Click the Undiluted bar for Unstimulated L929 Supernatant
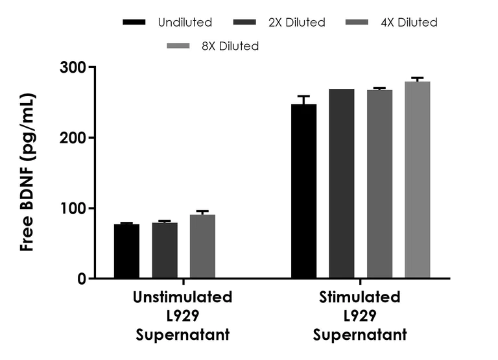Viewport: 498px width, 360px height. click(126, 251)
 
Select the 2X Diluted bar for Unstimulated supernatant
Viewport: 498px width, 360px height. click(165, 250)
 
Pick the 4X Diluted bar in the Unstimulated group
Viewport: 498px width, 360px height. click(202, 246)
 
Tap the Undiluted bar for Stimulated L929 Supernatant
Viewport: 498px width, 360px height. click(304, 191)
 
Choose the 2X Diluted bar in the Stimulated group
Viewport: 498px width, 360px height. click(342, 184)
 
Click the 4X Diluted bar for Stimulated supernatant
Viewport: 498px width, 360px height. click(380, 184)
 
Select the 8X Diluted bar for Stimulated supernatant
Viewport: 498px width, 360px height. click(418, 180)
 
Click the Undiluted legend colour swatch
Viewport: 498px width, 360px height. click(134, 22)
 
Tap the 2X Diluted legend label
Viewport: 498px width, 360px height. click(297, 23)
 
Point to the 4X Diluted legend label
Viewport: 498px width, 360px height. click(409, 23)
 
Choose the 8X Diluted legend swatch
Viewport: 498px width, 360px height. click(178, 46)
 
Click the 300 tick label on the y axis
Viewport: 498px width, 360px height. click(73, 67)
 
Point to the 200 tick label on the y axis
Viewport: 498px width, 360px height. click(73, 138)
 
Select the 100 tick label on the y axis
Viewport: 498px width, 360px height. click(73, 208)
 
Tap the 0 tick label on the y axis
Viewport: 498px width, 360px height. click(82, 279)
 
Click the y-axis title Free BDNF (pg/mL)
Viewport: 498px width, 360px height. click(27, 173)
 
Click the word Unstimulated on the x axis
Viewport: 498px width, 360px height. click(183, 297)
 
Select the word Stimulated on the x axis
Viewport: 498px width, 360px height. click(360, 297)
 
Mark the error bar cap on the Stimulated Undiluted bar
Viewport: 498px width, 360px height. click(304, 96)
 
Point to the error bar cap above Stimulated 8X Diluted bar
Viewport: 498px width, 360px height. click(418, 78)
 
